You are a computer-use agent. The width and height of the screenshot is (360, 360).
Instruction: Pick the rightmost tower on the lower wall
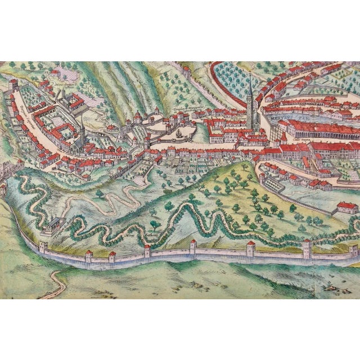point(353,249)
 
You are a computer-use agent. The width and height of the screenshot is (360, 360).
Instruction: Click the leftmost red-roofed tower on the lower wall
point(88,256)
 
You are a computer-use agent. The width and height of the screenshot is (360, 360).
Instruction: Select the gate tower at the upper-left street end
point(13,84)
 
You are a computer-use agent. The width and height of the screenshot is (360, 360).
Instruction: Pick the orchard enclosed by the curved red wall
point(231,79)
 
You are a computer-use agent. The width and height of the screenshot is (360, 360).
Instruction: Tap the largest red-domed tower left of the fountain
point(136,118)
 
